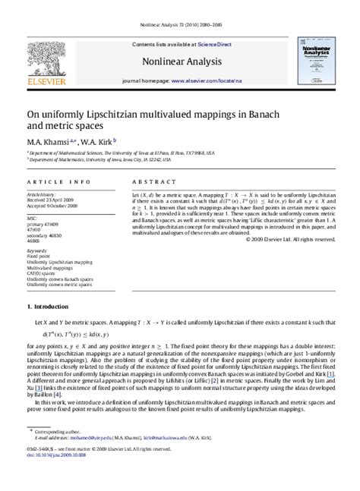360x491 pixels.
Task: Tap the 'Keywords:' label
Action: pyautogui.click(x=38, y=250)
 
